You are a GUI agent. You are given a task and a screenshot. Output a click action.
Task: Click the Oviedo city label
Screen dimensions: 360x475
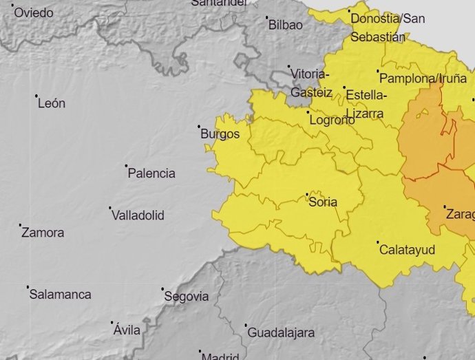coord(34,13)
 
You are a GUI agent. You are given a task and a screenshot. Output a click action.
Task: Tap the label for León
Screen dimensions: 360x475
coord(52,104)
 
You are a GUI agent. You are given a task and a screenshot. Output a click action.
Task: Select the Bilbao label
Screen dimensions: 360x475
coord(285,25)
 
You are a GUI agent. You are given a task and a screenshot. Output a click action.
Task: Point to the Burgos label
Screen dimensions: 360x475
coord(220,134)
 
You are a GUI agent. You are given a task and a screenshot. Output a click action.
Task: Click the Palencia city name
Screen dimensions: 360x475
coord(151,174)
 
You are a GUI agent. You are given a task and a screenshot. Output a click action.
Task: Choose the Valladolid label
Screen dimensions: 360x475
coord(138,215)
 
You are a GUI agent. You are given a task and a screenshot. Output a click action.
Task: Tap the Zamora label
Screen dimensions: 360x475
coord(43,233)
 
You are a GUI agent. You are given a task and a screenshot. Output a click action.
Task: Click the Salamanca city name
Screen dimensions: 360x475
coord(60,295)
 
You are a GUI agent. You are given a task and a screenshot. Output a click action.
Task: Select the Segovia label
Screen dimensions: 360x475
coord(187,297)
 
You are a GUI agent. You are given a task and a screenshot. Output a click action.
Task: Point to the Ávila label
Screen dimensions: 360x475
coord(127,330)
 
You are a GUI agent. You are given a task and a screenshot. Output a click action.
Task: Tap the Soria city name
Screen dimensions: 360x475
coord(323,202)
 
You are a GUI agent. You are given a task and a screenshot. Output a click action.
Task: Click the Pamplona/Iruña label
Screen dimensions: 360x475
coord(423,78)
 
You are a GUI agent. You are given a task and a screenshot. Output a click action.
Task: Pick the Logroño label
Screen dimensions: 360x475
coord(332,120)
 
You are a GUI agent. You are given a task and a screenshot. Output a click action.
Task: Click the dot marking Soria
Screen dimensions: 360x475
coord(307,194)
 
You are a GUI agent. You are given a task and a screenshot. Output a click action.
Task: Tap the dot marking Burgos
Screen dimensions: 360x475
coord(199,126)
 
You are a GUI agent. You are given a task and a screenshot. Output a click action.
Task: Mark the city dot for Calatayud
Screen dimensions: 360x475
coord(378,242)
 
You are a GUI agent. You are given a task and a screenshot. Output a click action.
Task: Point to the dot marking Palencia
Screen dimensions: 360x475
coord(127,166)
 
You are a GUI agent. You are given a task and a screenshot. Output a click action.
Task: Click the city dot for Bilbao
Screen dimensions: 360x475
coord(267,17)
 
